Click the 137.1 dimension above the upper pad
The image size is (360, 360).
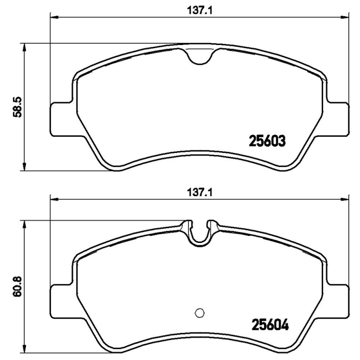pos(199,10)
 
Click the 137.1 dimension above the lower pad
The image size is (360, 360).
pos(199,192)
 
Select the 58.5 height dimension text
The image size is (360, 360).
pos(17,107)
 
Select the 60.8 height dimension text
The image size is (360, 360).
pos(17,286)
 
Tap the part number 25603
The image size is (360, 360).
pos(267,141)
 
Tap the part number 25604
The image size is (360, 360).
pos(270,324)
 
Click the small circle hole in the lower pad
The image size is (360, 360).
pos(199,313)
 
